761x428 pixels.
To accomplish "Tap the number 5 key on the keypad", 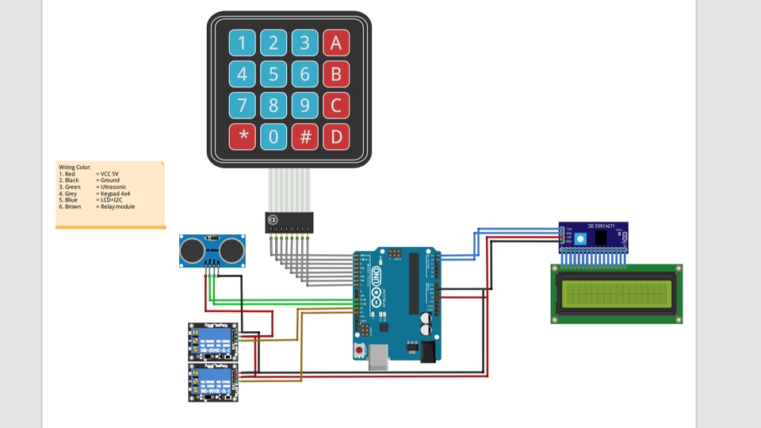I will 273,75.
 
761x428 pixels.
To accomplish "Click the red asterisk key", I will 243,137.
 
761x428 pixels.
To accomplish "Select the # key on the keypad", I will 304,137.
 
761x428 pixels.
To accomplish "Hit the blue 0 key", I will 273,137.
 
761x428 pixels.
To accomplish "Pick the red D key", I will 336,137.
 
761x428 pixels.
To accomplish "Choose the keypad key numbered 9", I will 304,106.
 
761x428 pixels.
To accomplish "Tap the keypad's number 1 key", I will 243,43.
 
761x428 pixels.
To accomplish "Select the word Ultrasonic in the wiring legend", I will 113,187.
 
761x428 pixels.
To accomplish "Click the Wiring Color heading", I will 75,168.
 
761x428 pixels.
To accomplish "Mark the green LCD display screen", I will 616,294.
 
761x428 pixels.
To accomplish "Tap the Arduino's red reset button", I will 361,349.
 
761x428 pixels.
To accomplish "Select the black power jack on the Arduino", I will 428,352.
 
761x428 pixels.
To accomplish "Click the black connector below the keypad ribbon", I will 289,222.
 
